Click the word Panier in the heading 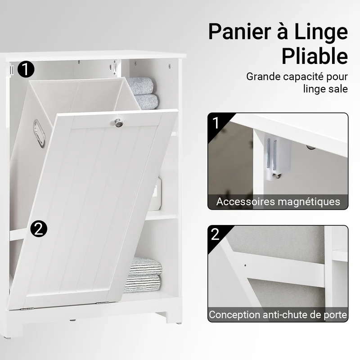point(240,32)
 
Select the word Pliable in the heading point(315,56)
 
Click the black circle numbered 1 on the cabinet point(26,69)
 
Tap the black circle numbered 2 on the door point(39,229)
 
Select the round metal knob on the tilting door point(119,123)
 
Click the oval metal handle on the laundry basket point(39,133)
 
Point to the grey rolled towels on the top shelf point(142,93)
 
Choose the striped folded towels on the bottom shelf point(143,275)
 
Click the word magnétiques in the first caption point(309,202)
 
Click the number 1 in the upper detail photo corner point(216,123)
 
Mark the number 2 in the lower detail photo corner point(216,234)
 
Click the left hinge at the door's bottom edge point(27,309)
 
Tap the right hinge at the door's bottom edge point(102,303)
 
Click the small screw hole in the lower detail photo point(245,265)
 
